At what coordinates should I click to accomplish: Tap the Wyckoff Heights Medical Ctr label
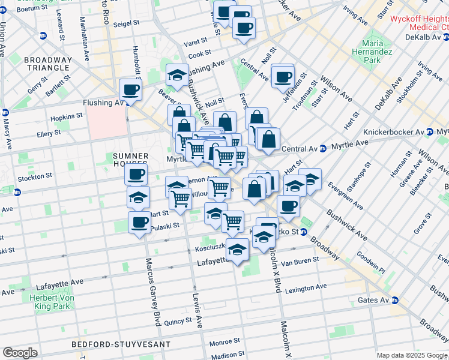[419, 23]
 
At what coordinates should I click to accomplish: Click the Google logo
[20, 353]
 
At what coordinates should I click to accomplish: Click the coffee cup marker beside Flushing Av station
[130, 91]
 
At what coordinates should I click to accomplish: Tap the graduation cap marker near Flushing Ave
[176, 75]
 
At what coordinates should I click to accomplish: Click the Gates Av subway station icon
[395, 300]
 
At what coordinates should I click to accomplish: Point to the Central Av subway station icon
[322, 148]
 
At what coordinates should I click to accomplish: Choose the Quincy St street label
[177, 322]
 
